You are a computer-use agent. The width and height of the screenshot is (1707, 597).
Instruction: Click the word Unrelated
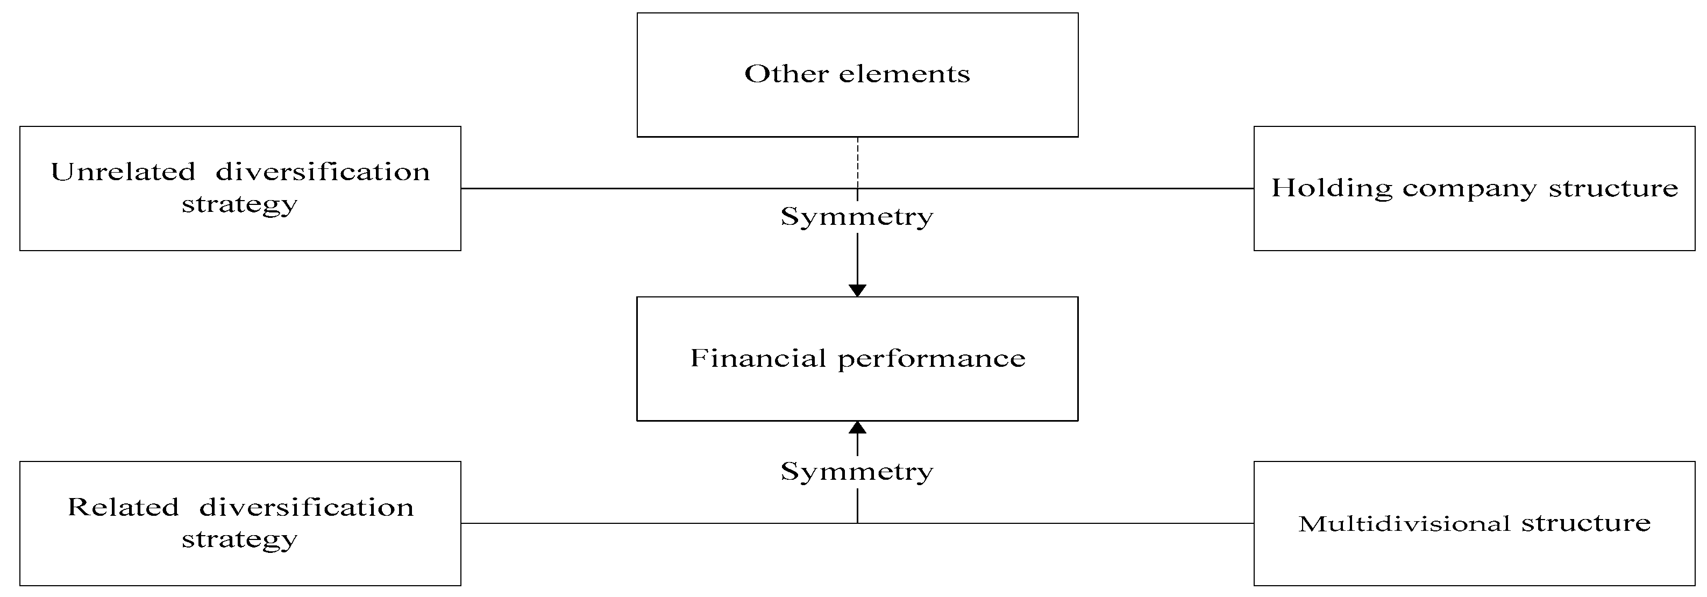coord(123,172)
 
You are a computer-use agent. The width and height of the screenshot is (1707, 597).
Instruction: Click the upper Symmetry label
coord(857,217)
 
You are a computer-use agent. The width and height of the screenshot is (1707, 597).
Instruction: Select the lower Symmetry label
coord(857,472)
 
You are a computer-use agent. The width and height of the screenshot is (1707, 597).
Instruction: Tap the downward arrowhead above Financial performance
coord(857,290)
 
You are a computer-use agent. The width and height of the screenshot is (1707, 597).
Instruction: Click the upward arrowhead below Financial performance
coord(857,428)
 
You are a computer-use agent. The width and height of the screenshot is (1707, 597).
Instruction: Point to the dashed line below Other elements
coord(857,162)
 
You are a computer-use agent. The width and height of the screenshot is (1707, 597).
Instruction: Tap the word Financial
coord(758,358)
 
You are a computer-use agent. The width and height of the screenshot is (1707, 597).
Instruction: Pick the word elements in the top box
coord(904,74)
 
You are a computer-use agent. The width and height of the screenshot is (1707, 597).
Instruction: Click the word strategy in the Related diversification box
coord(239,540)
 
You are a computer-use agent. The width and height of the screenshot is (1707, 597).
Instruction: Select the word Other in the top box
coord(787,74)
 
